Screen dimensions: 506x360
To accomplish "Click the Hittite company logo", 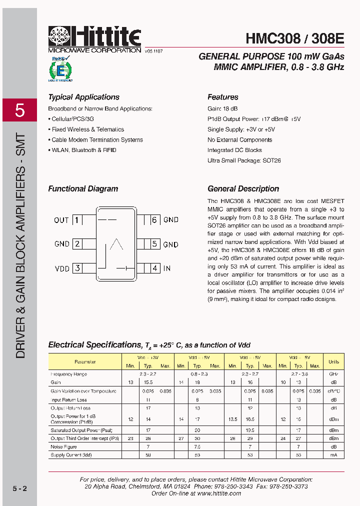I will coord(94,37).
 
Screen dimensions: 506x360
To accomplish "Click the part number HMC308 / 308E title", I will coord(294,38).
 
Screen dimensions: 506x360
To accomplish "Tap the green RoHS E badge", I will coord(60,69).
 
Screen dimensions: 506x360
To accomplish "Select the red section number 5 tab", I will coord(19,110).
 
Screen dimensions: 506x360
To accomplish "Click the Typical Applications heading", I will coord(83,97).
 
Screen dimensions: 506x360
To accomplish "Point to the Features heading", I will coord(222,97).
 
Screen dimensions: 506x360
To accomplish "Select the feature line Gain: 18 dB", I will coord(222,108).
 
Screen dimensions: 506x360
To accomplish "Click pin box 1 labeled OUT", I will coord(77,220).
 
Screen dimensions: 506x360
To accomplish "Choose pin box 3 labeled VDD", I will coord(77,268).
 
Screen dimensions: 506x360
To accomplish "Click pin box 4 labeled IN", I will coord(155,268).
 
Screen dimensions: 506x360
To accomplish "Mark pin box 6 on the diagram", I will coord(155,220).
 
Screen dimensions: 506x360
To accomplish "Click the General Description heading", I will coord(243,188).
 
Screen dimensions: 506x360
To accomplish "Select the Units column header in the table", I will coord(333,361).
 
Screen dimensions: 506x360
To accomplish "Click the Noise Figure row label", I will coord(63,446).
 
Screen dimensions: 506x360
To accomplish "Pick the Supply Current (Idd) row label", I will coord(70,455).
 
